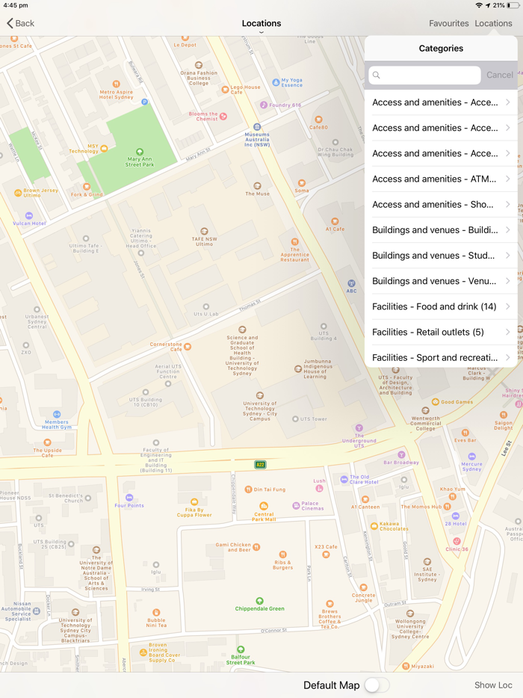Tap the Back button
coord(21,23)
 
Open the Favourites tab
coord(448,23)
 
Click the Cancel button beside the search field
coord(499,75)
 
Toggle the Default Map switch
coord(376,685)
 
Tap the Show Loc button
coord(493,685)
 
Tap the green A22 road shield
coord(260,465)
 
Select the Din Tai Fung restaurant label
coord(265,489)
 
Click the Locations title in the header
coord(261,23)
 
